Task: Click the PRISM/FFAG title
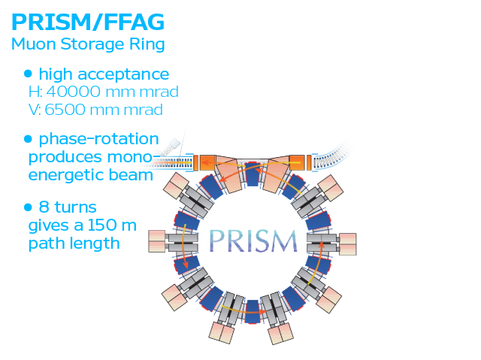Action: tap(88, 22)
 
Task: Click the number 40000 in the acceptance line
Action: tap(74, 92)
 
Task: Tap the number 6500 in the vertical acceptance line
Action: tap(65, 110)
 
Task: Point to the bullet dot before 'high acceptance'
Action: tap(28, 74)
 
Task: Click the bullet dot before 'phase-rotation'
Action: tap(28, 139)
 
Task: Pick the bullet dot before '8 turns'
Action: tap(28, 207)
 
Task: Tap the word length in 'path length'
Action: tap(94, 244)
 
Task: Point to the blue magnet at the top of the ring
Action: tap(253, 174)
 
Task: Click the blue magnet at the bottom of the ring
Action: tap(253, 312)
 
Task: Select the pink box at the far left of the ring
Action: tap(157, 241)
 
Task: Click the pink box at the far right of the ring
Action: tap(347, 244)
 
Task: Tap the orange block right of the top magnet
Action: tap(297, 162)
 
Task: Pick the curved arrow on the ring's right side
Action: tap(319, 262)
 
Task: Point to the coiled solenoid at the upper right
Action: tap(331, 156)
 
